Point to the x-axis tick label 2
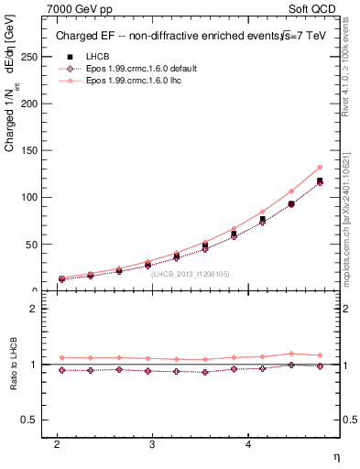(x=57, y=443)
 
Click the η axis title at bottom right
(x=335, y=456)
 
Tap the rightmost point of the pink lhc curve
(x=320, y=167)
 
